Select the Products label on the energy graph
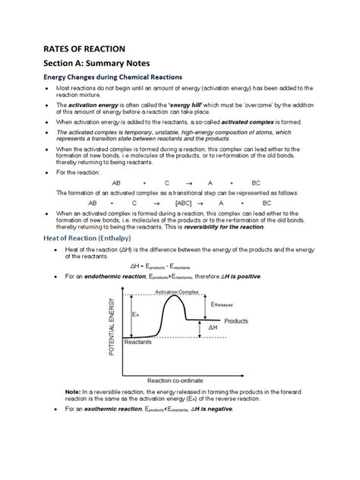point(236,321)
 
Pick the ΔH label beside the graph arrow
point(215,328)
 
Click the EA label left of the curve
point(135,314)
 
